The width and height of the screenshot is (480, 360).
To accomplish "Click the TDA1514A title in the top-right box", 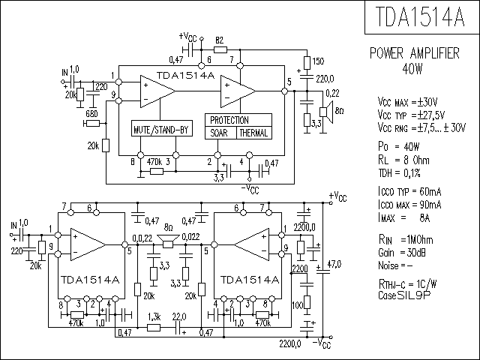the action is [x=420, y=16].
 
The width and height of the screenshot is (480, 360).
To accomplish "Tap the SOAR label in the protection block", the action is [x=219, y=133].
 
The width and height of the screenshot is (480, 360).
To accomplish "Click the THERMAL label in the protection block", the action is [x=253, y=133].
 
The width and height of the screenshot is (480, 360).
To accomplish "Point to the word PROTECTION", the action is [x=229, y=120].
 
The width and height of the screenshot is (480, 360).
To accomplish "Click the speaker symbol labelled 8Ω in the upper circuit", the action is [x=326, y=112].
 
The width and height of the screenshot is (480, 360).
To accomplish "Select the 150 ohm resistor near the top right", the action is [x=307, y=63].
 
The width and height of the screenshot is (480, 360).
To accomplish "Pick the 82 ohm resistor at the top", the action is [x=220, y=49].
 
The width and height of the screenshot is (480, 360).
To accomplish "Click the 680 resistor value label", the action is [x=91, y=114].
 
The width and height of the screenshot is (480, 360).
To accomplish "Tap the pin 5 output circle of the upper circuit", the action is [x=285, y=91].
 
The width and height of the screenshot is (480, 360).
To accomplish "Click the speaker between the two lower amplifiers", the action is [x=168, y=241].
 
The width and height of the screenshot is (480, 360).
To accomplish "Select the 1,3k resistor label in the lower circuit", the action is [x=154, y=316].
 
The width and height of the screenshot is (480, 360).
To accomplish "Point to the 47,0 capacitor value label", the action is [x=334, y=264].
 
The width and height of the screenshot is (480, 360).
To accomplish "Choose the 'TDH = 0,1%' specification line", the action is [x=400, y=173].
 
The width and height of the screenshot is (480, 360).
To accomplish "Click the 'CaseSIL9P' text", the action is [x=404, y=295].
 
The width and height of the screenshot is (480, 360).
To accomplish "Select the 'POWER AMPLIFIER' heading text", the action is [x=415, y=53].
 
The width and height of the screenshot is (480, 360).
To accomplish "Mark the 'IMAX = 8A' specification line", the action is [x=404, y=218].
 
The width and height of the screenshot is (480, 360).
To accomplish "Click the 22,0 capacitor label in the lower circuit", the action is [x=179, y=316].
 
